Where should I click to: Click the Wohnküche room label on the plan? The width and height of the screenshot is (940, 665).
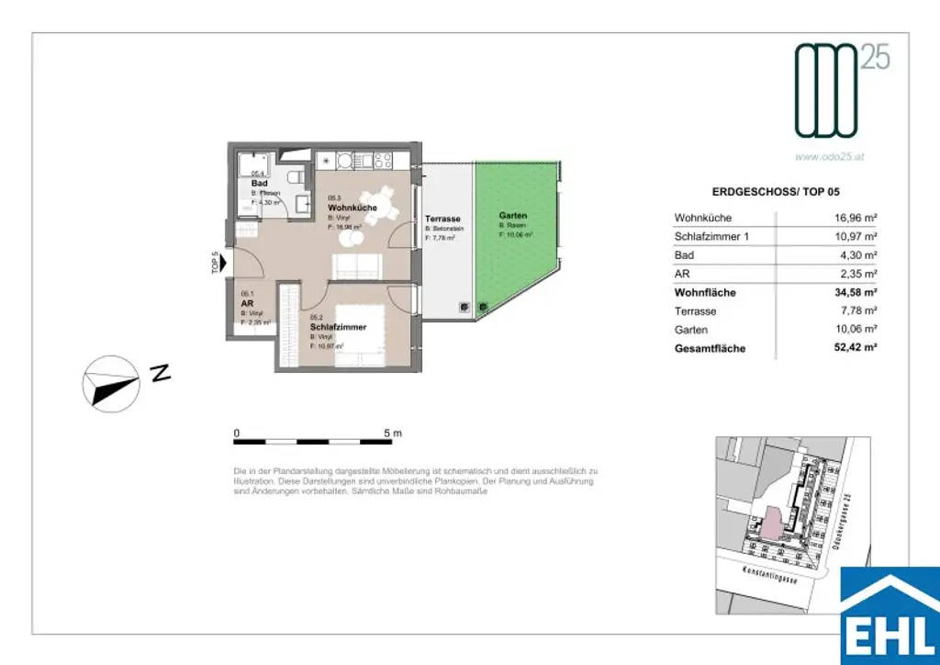tap(352, 209)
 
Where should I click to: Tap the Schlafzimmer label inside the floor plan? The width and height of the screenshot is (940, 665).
tap(339, 327)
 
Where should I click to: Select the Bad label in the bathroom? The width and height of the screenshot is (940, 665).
tap(259, 183)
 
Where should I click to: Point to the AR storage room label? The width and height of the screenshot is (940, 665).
tap(246, 303)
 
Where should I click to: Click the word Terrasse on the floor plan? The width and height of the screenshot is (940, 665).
tap(442, 219)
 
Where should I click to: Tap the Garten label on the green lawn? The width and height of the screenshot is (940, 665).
tap(514, 216)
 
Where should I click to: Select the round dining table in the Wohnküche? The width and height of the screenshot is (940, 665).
tap(376, 201)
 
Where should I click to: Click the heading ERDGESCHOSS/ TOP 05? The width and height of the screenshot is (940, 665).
tap(777, 192)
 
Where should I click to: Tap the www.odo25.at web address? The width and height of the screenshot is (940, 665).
tap(830, 156)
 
